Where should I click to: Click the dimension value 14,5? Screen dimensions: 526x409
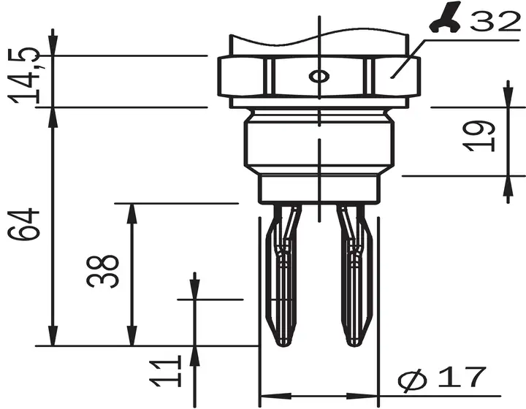(24, 75)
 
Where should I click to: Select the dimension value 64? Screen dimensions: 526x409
(23, 224)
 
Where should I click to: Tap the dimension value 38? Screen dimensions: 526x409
(102, 272)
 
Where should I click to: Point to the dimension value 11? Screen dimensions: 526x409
(165, 371)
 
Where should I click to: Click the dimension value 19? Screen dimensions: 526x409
(479, 136)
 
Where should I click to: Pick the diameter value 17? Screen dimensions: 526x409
(462, 376)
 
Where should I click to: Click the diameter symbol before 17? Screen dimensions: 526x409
(413, 380)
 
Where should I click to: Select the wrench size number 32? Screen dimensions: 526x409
(495, 20)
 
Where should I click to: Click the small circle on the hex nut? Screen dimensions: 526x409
(319, 77)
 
